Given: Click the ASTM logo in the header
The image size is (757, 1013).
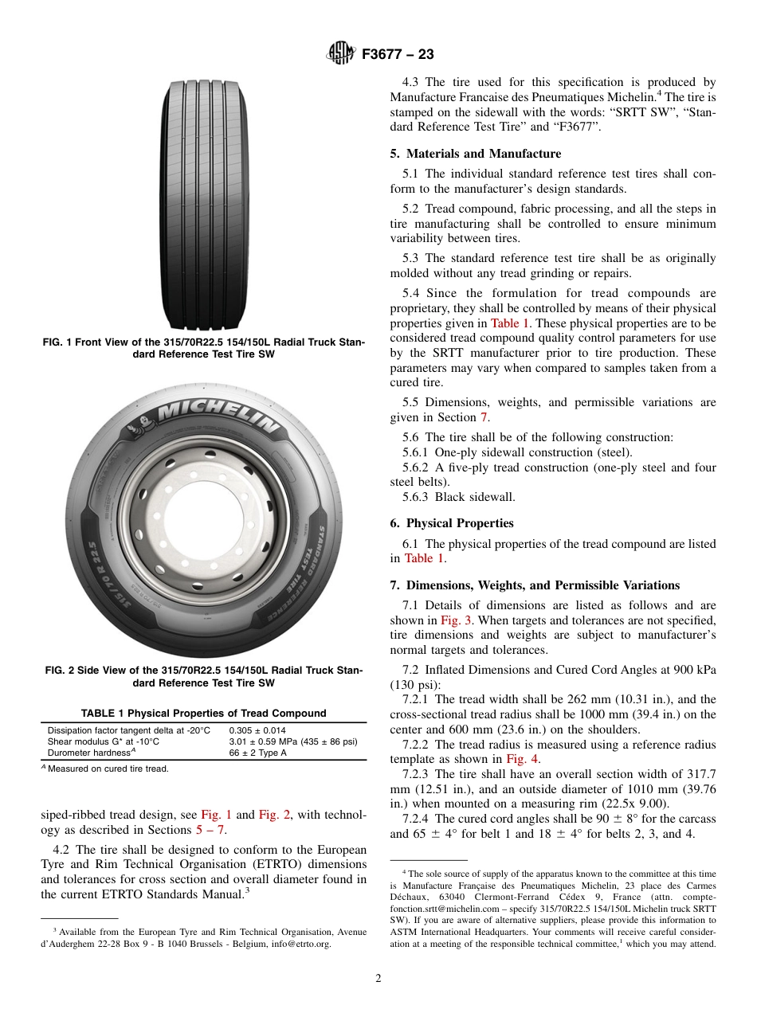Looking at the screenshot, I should (342, 54).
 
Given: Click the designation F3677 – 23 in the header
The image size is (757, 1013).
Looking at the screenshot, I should (398, 54).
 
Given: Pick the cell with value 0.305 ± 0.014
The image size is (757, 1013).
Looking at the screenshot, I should (257, 730).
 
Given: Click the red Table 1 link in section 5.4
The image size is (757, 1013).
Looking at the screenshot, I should (505, 323).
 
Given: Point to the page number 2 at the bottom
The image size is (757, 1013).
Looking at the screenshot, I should (378, 979).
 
